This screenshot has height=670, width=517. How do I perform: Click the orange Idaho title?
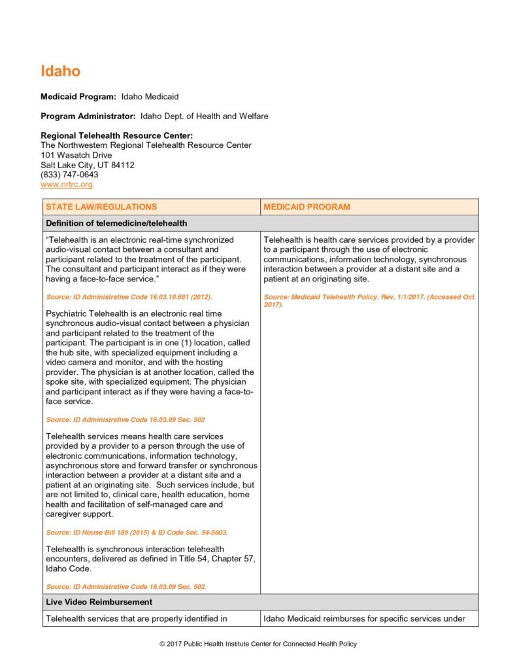[60, 71]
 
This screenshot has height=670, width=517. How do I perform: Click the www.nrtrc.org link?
[67, 185]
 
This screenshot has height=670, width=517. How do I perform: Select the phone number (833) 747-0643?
[69, 175]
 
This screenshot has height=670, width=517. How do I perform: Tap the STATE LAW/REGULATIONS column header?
[101, 207]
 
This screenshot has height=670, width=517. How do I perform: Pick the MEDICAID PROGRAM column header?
[307, 207]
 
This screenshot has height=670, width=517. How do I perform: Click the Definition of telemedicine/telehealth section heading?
[116, 223]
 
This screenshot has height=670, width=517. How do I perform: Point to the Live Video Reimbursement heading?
[99, 602]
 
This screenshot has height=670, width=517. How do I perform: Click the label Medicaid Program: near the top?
[78, 97]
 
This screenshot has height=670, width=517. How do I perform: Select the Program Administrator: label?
[88, 116]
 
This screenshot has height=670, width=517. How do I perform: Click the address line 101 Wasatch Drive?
[76, 155]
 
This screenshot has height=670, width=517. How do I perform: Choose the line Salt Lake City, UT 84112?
[88, 165]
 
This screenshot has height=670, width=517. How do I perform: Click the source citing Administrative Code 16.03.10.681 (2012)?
[129, 297]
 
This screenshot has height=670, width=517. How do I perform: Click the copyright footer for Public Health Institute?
[258, 644]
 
